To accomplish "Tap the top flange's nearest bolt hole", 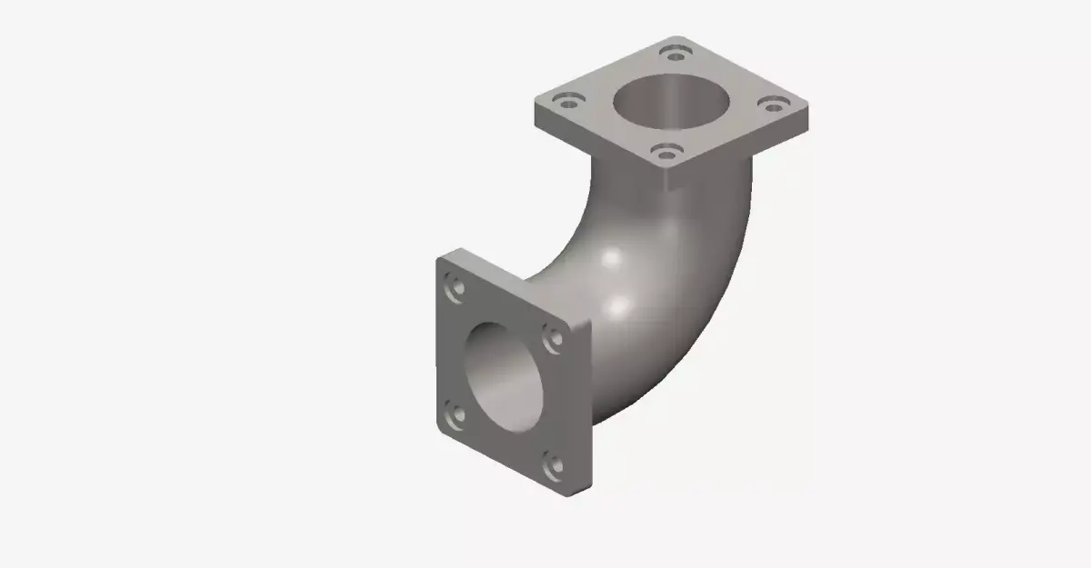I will pos(667,152).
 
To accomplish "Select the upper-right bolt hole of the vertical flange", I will pos(552,338).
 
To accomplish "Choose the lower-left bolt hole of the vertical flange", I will pos(455,415).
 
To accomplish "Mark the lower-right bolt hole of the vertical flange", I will pos(552,466).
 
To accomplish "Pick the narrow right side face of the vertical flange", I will pos(583,409).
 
